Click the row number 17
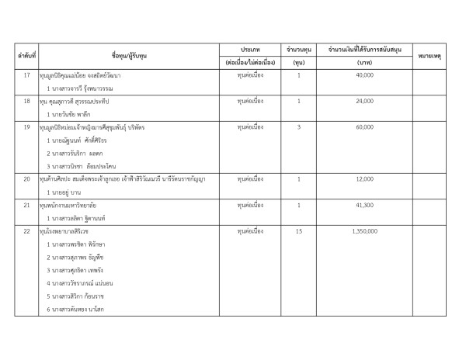point(28,76)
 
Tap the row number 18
point(28,101)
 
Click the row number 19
point(28,126)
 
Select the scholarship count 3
point(299,126)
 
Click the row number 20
point(28,179)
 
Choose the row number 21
point(28,205)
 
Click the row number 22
point(28,230)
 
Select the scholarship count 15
point(299,230)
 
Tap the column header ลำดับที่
point(28,54)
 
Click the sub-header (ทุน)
point(299,61)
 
